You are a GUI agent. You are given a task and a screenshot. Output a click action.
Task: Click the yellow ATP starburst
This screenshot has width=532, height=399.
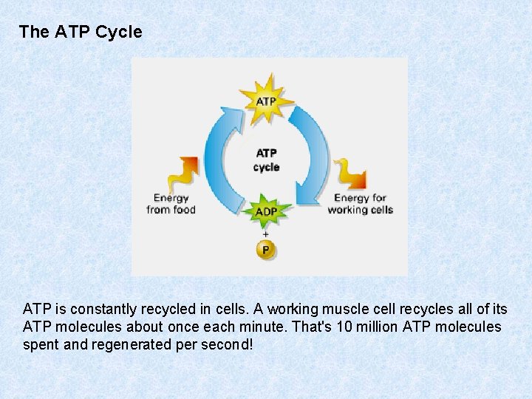[266, 100]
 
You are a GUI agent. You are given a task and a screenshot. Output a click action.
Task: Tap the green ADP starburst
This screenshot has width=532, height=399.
[266, 211]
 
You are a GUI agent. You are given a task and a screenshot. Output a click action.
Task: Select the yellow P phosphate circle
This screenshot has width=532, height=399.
[265, 249]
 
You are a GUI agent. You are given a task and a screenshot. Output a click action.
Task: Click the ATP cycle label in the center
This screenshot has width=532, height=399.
[266, 160]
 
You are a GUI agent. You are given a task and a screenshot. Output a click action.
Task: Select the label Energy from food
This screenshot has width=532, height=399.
[171, 204]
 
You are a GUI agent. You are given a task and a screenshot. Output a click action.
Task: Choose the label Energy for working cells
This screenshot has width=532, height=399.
[360, 204]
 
